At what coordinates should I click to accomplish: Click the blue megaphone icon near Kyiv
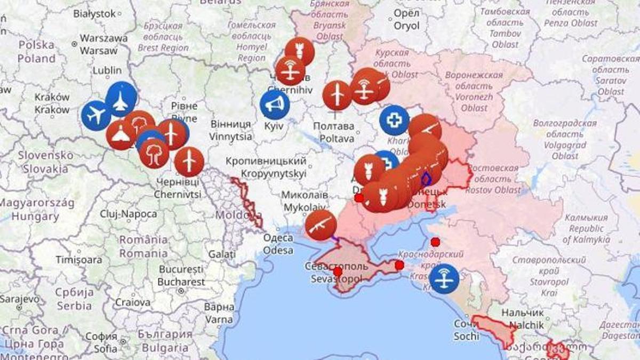tap(275, 105)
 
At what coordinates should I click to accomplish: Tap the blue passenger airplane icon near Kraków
tap(96, 115)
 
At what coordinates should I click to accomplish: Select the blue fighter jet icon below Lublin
tap(121, 99)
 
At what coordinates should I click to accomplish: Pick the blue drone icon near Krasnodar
tap(444, 278)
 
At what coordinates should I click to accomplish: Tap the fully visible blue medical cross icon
tap(394, 120)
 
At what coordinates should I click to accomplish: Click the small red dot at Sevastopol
tap(338, 271)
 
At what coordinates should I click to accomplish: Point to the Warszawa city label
tap(103, 44)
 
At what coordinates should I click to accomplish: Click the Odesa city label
tap(278, 244)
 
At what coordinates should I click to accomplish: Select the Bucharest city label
tap(181, 276)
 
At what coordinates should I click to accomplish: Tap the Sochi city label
tap(466, 330)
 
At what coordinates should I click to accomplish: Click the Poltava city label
tap(333, 132)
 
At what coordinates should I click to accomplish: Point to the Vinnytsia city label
tap(230, 130)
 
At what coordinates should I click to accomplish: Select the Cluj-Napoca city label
tap(129, 214)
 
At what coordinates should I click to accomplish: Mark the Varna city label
tap(219, 314)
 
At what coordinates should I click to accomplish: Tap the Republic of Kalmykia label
tap(586, 229)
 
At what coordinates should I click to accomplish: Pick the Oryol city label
tap(406, 20)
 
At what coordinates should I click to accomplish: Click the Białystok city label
tap(94, 13)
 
